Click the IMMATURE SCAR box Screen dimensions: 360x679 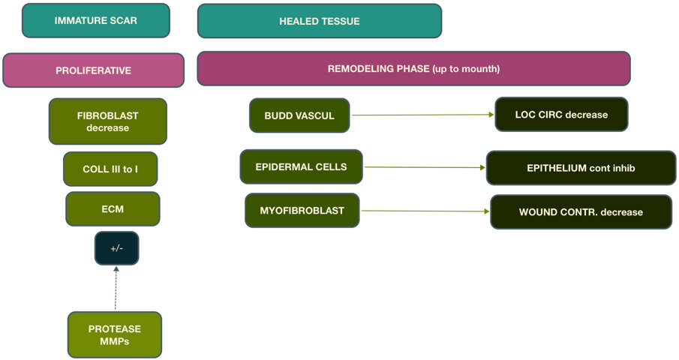96,20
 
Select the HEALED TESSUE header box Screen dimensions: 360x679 319,21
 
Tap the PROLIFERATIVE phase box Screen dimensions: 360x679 93,70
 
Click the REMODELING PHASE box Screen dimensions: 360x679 413,69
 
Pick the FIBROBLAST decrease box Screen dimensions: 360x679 107,121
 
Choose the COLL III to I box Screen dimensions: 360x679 110,169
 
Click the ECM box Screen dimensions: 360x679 113,208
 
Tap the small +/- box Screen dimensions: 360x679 116,248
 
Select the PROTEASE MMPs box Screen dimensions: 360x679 114,334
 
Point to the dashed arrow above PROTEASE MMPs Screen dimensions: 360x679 116,288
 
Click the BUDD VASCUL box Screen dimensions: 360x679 299,115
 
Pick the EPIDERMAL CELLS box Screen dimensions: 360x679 301,166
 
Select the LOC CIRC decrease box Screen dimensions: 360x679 561,115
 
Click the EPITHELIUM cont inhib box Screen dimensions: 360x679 581,168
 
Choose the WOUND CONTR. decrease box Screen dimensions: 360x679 581,211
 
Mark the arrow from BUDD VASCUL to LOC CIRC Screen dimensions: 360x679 422,115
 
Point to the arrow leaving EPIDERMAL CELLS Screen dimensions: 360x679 424,167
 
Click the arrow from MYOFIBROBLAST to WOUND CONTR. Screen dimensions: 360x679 425,211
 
